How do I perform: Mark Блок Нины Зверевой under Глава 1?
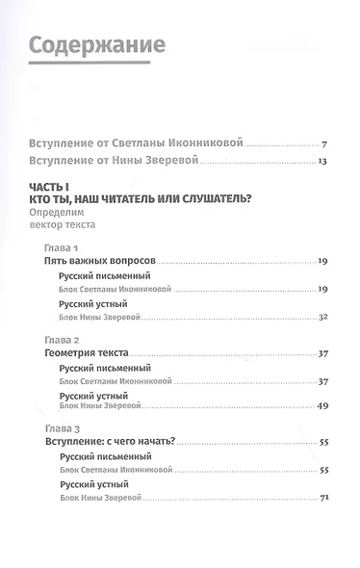108,317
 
